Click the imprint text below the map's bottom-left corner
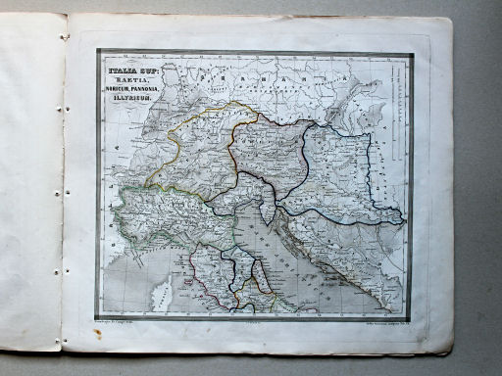[121, 322]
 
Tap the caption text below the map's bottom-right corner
[383, 320]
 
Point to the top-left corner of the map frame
[97, 52]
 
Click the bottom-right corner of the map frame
[413, 316]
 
